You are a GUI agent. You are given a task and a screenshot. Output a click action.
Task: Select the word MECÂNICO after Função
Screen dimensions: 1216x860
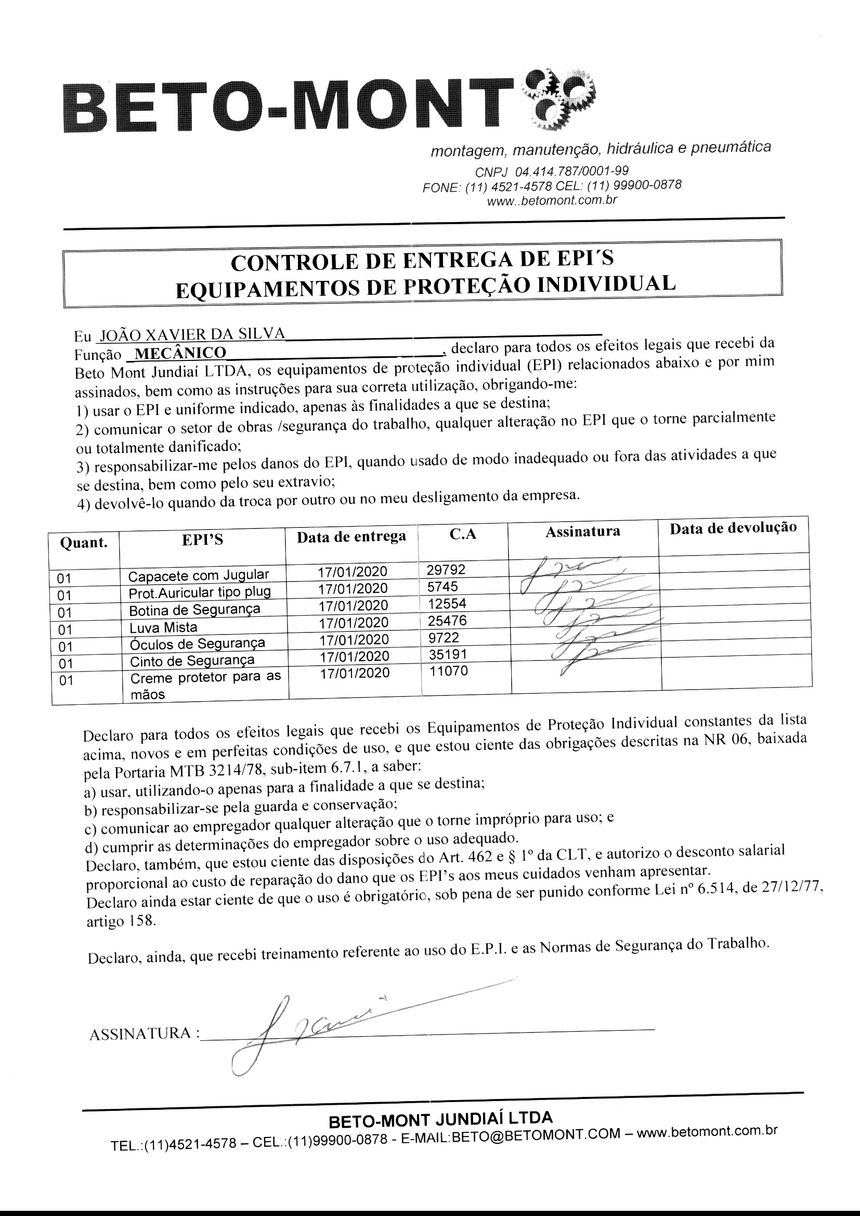pyautogui.click(x=180, y=353)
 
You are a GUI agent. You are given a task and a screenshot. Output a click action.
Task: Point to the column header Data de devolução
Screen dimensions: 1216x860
pyautogui.click(x=734, y=528)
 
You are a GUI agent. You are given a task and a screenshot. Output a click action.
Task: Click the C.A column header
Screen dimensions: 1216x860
pyautogui.click(x=463, y=534)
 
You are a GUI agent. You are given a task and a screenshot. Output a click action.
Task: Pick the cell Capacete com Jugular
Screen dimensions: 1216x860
pyautogui.click(x=199, y=575)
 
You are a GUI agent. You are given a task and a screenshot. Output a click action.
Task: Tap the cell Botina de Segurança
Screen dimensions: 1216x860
pyautogui.click(x=194, y=609)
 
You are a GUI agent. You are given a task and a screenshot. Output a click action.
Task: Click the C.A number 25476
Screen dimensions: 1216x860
pyautogui.click(x=447, y=620)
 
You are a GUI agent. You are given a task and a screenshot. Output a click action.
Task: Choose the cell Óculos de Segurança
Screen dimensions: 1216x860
pyautogui.click(x=197, y=643)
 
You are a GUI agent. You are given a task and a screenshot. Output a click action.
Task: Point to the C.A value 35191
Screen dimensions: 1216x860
pyautogui.click(x=447, y=654)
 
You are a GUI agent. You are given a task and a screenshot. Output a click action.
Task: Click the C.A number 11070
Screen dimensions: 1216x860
pyautogui.click(x=448, y=671)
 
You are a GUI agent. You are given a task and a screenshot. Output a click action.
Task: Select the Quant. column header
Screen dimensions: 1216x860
pyautogui.click(x=84, y=543)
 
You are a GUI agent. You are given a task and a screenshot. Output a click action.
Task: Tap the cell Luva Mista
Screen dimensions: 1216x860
pyautogui.click(x=163, y=627)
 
